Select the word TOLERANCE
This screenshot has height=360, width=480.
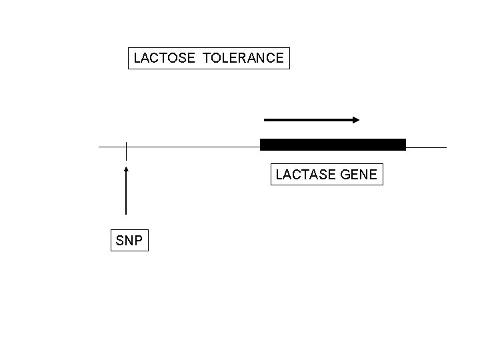click(x=243, y=58)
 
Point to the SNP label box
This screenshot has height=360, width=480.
click(x=129, y=241)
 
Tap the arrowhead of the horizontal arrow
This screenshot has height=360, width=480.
click(x=356, y=120)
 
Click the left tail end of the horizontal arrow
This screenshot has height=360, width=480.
click(x=266, y=120)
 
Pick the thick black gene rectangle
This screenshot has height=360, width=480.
click(x=333, y=145)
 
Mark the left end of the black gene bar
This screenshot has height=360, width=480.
click(x=261, y=145)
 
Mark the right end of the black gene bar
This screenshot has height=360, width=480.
click(x=404, y=145)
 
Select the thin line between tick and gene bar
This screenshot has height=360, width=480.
click(x=193, y=146)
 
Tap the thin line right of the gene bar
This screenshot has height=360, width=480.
click(x=427, y=147)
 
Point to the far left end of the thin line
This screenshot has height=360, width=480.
click(x=100, y=146)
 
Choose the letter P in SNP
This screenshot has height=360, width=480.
click(x=139, y=241)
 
